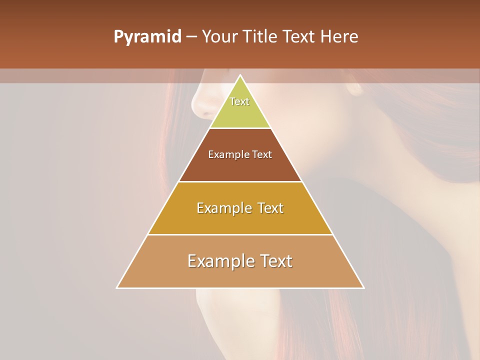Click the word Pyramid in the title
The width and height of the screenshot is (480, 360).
pos(147,37)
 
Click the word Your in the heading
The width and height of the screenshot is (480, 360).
pos(219,37)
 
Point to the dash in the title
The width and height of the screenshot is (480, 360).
pos(191,37)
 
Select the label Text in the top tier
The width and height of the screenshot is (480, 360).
pos(239,101)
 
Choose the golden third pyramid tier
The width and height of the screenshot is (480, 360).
pos(240,220)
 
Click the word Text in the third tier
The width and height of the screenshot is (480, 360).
pos(267,208)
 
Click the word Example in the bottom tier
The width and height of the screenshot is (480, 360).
pos(219,261)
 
